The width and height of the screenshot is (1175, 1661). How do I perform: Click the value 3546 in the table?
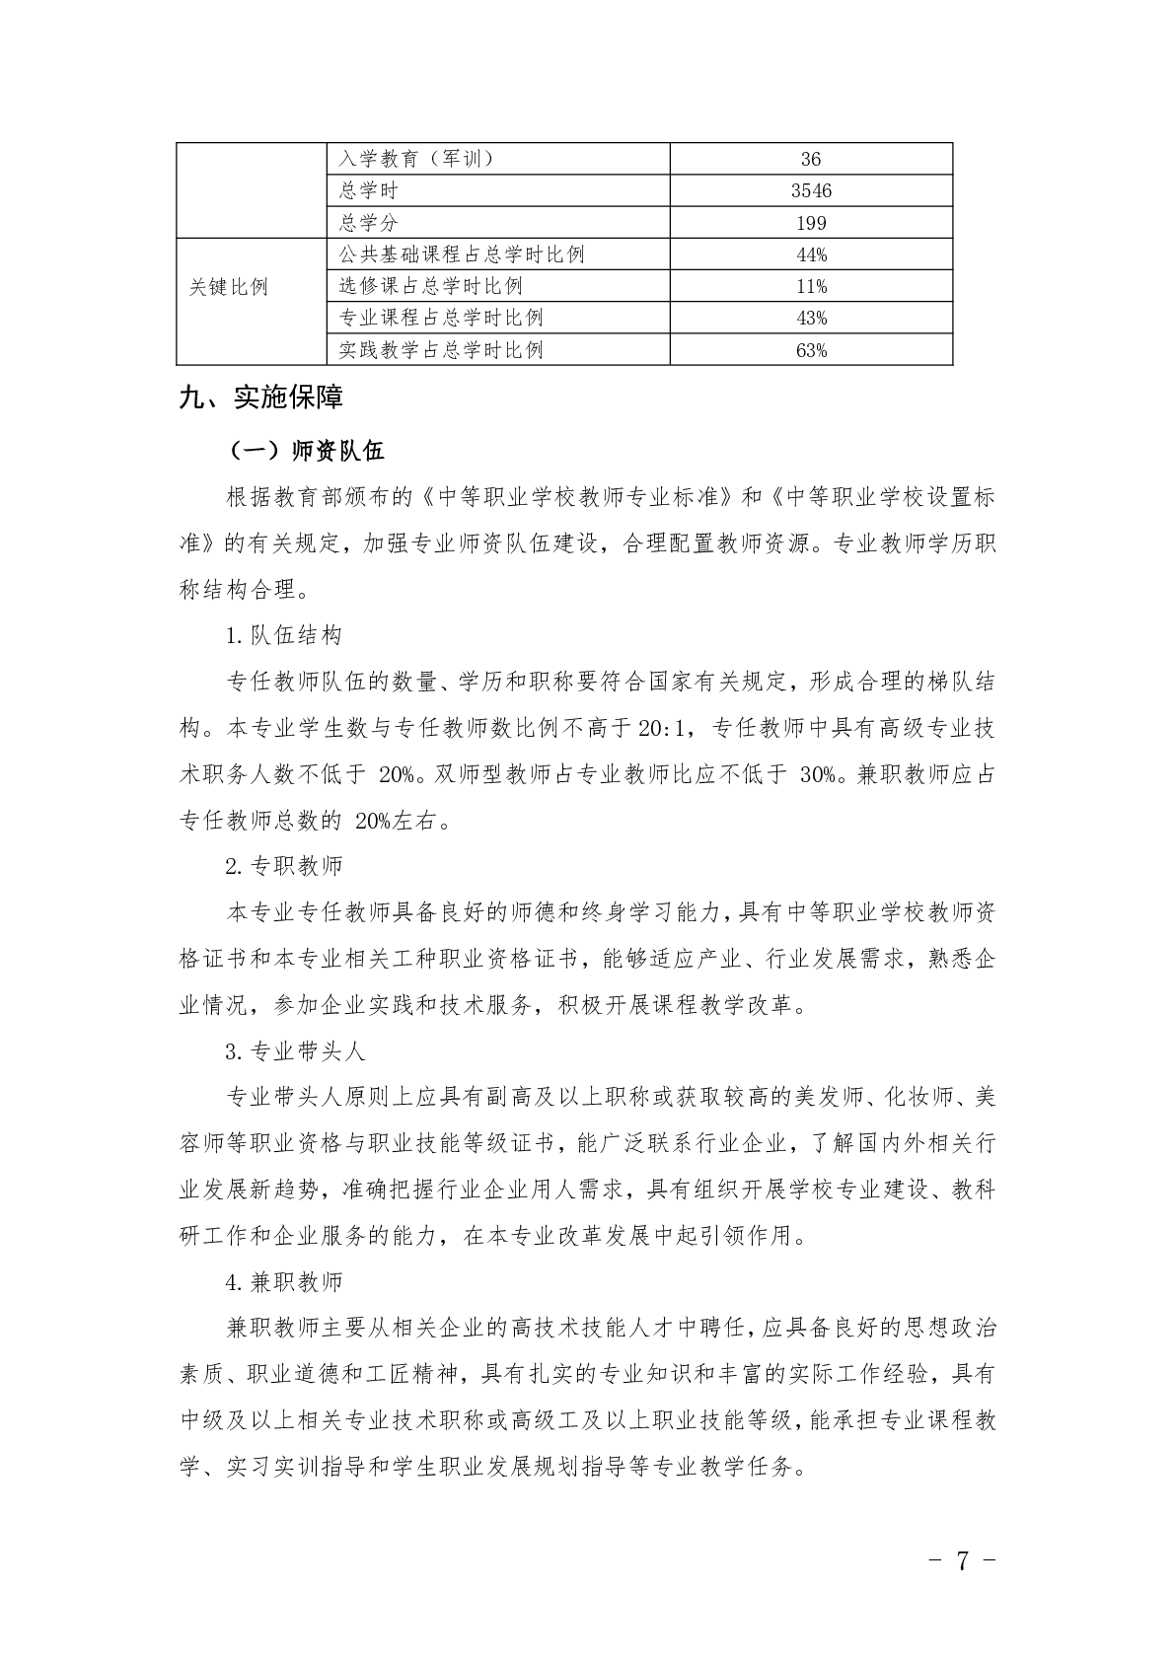(811, 190)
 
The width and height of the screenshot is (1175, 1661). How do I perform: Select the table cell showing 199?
(811, 223)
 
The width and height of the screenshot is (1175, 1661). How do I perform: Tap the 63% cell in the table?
(811, 350)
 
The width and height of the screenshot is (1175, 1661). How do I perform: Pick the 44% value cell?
(811, 254)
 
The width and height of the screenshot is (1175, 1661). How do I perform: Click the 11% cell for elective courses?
(811, 286)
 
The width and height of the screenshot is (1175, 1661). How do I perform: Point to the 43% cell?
(811, 318)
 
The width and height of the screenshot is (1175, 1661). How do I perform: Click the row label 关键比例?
(228, 287)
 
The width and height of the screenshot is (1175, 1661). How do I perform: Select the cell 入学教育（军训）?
(415, 159)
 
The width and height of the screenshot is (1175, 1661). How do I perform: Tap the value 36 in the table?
(811, 159)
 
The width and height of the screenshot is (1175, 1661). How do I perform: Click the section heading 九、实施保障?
(261, 397)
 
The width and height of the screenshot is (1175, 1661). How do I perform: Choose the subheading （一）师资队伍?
(305, 451)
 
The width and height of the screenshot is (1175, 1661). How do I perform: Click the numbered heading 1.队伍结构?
(284, 635)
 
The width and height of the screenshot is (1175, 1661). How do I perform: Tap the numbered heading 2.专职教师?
(284, 866)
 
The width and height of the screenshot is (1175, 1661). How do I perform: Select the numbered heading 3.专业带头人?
(295, 1050)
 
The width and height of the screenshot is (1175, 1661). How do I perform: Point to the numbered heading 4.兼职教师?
(284, 1281)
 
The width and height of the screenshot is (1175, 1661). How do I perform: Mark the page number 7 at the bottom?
(962, 1559)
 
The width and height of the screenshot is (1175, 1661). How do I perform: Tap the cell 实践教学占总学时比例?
(441, 350)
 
